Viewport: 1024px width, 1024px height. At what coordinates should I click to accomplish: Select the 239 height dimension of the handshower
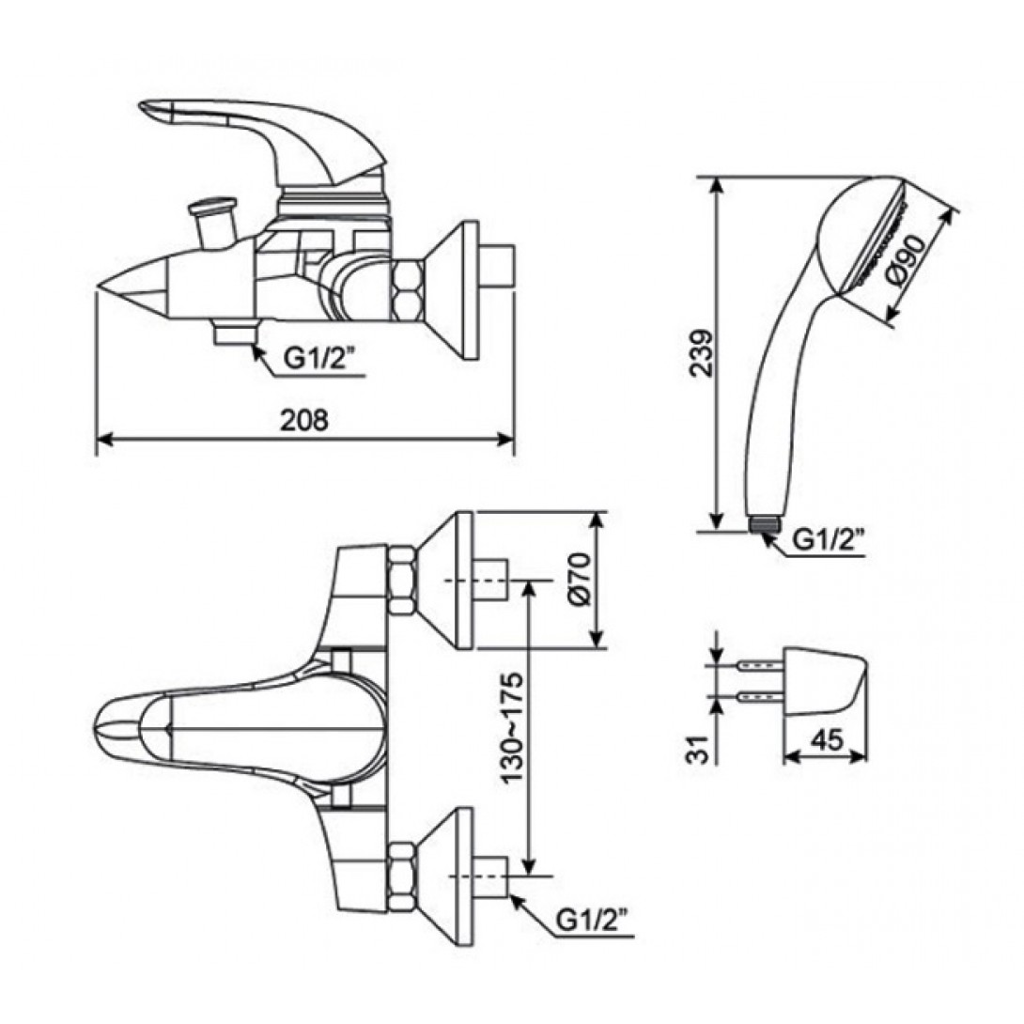[699, 352]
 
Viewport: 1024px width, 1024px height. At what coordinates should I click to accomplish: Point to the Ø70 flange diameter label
[580, 580]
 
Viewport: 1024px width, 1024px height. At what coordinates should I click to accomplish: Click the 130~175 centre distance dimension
[509, 728]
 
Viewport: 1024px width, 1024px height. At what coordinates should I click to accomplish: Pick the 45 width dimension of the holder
[825, 740]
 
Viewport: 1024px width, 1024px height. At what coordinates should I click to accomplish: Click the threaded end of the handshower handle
[765, 524]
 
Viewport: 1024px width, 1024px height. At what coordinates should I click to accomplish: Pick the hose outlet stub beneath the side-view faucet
[235, 334]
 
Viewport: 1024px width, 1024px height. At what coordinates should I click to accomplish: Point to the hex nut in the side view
[408, 291]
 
